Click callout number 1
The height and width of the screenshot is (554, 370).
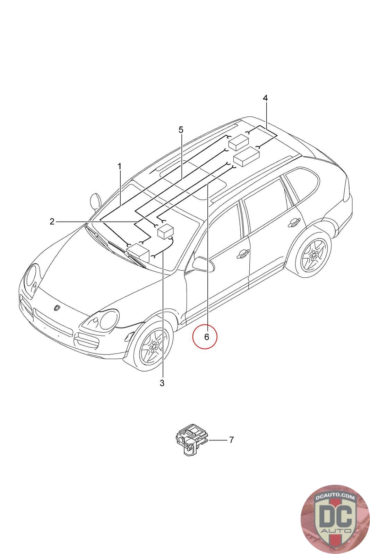pos(119,167)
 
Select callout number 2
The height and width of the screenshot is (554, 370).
pos(52,221)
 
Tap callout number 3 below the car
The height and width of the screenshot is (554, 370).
pos(162,383)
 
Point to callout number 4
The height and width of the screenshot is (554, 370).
pos(265,98)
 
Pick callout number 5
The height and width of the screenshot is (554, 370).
pos(181,130)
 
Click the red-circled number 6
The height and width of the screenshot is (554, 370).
pos(205,337)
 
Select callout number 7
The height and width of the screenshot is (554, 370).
pos(231,440)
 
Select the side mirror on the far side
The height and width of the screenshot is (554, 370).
pos(95,201)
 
